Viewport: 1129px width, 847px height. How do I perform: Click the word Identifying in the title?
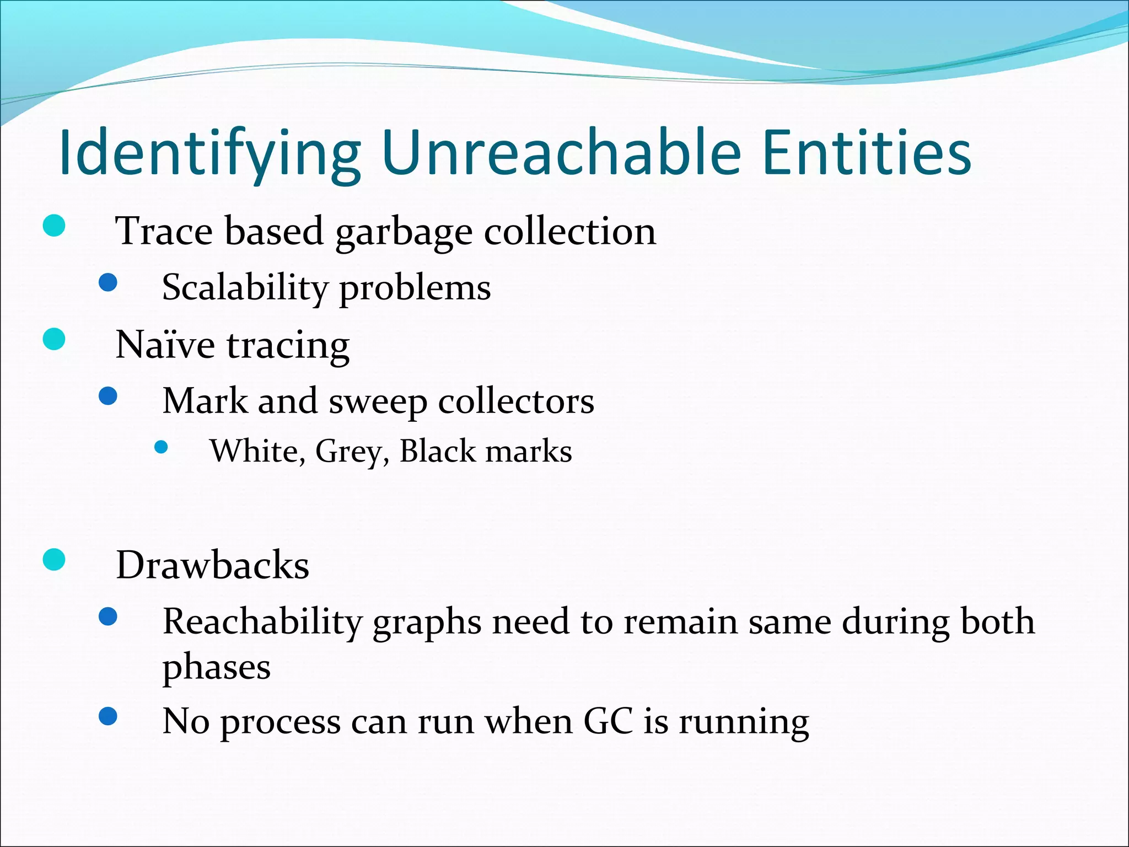[x=209, y=153]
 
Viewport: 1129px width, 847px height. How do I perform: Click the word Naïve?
[x=165, y=345]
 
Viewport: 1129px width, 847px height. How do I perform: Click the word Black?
[x=437, y=451]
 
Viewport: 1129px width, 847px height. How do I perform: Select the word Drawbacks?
[x=212, y=565]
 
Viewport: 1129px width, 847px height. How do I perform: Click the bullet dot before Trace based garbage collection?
[x=54, y=226]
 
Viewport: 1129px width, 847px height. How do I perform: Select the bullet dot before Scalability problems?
[x=108, y=283]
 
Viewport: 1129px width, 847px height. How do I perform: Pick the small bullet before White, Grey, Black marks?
[x=161, y=447]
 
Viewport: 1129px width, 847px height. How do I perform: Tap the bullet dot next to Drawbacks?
[x=54, y=560]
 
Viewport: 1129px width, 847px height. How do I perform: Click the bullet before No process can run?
[x=108, y=716]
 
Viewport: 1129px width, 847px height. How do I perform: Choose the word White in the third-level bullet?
[x=254, y=452]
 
